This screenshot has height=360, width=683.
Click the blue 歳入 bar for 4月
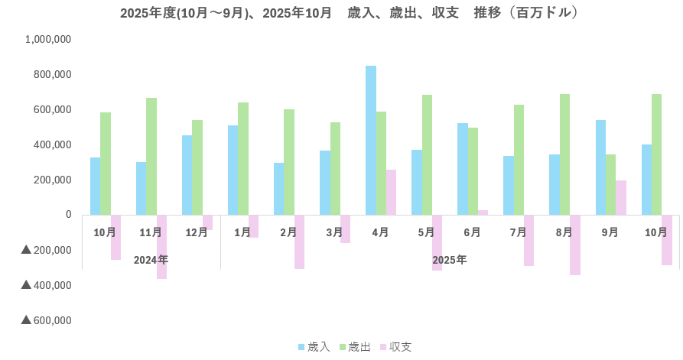pyautogui.click(x=371, y=140)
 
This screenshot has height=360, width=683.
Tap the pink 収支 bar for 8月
pyautogui.click(x=574, y=245)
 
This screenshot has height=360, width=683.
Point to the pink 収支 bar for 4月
pyautogui.click(x=391, y=192)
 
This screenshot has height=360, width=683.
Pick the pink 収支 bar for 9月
pyautogui.click(x=620, y=197)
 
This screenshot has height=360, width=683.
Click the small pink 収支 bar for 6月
pyautogui.click(x=483, y=212)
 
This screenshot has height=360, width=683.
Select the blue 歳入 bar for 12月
pyautogui.click(x=187, y=175)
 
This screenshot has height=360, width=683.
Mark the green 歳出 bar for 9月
pyautogui.click(x=610, y=184)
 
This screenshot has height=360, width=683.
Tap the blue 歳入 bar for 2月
pyautogui.click(x=279, y=189)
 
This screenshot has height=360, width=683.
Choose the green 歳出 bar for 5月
pyautogui.click(x=427, y=154)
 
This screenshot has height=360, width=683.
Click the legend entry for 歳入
pyautogui.click(x=314, y=347)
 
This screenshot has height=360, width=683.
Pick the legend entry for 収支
pyautogui.click(x=395, y=347)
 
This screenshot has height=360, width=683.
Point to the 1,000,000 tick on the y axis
pyautogui.click(x=48, y=40)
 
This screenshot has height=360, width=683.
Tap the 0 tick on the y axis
pyautogui.click(x=68, y=215)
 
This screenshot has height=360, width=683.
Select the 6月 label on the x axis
pyautogui.click(x=472, y=232)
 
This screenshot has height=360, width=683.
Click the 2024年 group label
pyautogui.click(x=151, y=260)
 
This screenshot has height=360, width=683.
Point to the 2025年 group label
pyautogui.click(x=449, y=260)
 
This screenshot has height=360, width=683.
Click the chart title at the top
pyautogui.click(x=349, y=13)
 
